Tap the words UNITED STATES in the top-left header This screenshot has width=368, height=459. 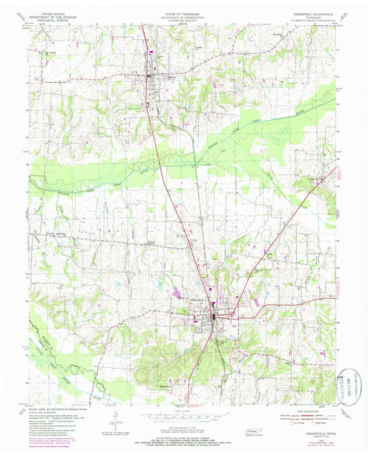[55, 13]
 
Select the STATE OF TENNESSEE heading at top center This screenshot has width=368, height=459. [184, 13]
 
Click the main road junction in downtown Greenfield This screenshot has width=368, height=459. [215, 317]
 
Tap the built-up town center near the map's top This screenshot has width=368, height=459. [151, 73]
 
